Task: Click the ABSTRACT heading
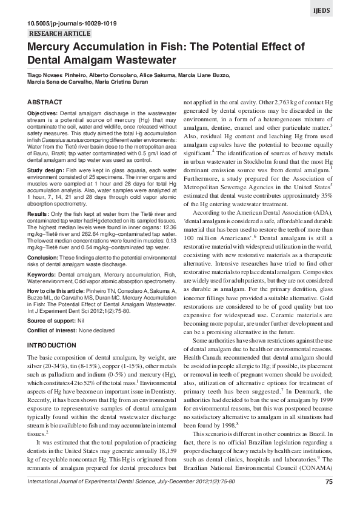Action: (45, 101)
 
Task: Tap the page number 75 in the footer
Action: (329, 498)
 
